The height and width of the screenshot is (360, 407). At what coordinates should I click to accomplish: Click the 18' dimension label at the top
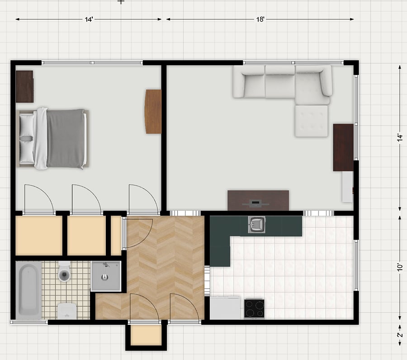260,19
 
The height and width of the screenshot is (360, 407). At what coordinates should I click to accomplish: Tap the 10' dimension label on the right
400,267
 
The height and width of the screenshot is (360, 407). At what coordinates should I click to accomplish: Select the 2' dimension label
400,335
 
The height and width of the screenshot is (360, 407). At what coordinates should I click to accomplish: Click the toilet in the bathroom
64,271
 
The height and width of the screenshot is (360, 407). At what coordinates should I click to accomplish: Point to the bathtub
28,290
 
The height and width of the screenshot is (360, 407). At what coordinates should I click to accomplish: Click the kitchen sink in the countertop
256,224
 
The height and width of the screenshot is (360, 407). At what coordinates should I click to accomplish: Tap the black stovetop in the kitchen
254,309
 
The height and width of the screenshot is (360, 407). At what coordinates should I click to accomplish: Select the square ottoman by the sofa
311,121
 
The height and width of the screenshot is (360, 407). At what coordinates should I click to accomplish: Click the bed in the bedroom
53,138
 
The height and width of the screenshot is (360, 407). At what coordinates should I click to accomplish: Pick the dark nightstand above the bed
25,87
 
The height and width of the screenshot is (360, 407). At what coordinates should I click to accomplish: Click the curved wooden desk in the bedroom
153,112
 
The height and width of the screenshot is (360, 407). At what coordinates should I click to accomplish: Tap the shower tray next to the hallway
106,276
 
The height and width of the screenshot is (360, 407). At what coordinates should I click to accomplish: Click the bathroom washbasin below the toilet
67,311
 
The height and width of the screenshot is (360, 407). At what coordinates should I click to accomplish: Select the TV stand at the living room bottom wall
258,201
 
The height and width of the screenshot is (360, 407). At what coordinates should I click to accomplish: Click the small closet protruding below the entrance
146,335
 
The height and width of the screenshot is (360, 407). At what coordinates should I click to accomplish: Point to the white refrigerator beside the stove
225,308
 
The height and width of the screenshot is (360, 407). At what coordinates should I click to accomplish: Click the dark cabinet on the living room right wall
343,147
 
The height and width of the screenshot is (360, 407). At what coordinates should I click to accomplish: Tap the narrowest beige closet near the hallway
116,236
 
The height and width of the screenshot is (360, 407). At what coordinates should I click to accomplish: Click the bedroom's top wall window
92,63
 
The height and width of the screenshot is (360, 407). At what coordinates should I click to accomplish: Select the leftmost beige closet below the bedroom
39,236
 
